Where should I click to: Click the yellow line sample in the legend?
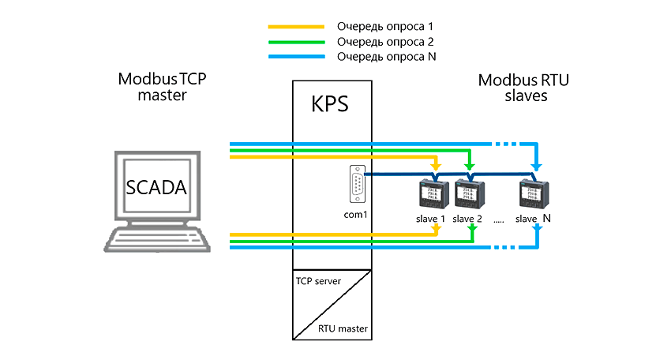[x=296, y=27]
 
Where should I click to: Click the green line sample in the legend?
[x=296, y=42]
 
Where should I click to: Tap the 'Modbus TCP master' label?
[x=167, y=87]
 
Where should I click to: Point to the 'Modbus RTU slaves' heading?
[x=524, y=87]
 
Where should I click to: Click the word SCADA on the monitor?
[x=156, y=189]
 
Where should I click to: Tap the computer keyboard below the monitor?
[x=158, y=238]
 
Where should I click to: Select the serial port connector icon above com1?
[x=358, y=185]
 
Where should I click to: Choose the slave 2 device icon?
[x=468, y=193]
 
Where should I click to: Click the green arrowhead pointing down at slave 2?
[x=470, y=167]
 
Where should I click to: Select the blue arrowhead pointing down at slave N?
[x=537, y=167]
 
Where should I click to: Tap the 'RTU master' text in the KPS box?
[x=343, y=328]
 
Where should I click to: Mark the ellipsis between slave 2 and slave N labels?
[x=498, y=221]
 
